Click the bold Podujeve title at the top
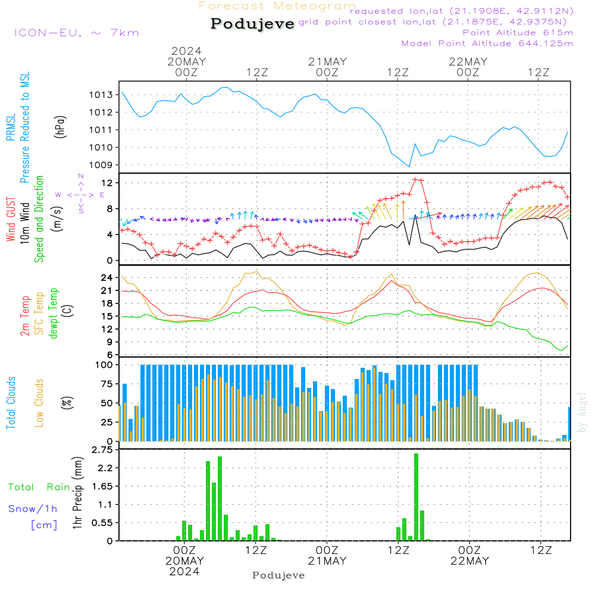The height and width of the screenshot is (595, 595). coord(253,24)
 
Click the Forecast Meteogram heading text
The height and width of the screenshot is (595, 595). coord(277,6)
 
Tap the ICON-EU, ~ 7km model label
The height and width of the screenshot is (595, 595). coord(76,33)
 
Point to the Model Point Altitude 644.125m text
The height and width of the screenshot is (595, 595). coord(487,43)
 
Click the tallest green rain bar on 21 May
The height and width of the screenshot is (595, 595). coord(416,497)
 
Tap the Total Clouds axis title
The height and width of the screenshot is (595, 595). coord(11,403)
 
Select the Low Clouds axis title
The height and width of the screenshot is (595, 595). coord(39,403)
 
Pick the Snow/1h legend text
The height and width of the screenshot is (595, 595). coord(33,509)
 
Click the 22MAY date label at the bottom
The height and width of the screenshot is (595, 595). coord(469,561)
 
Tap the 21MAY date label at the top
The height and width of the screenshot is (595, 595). coord(327,62)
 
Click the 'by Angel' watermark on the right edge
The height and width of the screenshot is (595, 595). coord(583,412)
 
